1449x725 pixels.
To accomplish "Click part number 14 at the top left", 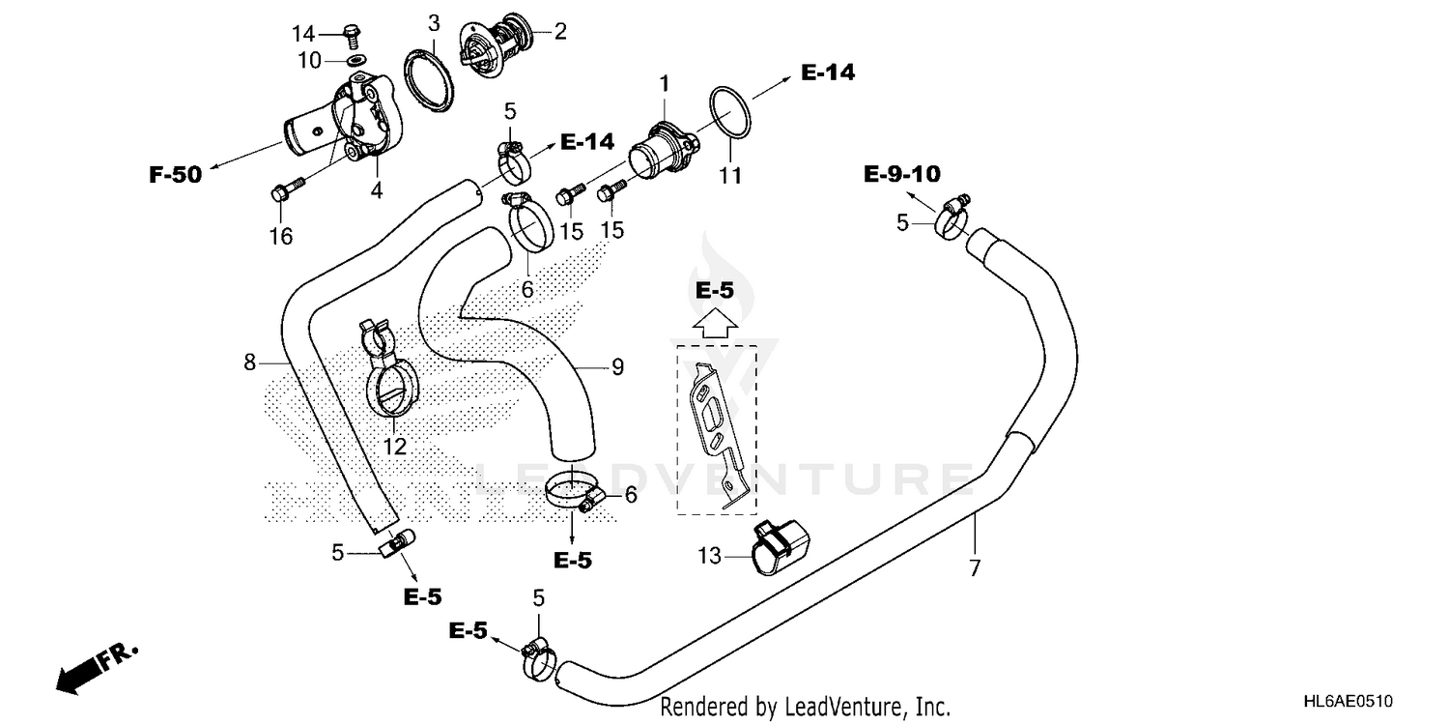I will click(304, 34).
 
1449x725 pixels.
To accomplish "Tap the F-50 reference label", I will click(175, 175).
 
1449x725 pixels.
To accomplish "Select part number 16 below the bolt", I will click(280, 236).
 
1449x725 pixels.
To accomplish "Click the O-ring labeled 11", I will click(731, 113).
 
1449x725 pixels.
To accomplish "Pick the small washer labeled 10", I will click(357, 62).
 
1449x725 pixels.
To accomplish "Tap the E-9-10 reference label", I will click(901, 174).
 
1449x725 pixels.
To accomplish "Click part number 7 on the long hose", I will click(974, 567).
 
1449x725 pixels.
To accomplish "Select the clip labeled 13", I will click(781, 548).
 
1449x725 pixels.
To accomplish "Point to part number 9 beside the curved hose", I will click(616, 367).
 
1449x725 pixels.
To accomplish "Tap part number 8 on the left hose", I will click(249, 363).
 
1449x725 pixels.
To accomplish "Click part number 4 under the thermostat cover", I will click(376, 190).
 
